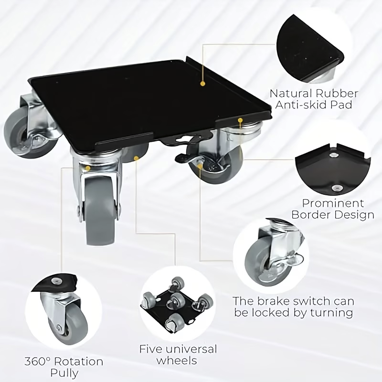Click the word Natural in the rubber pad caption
pos(290,93)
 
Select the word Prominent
pos(333,203)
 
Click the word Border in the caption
pos(311,214)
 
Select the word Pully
pos(64,373)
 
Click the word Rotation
pos(78,361)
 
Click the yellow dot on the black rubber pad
pos(202,84)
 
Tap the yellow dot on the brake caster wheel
pos(200,166)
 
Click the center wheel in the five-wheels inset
pos(177,300)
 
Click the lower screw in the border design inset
pos(336,188)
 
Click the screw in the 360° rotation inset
pos(56,281)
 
